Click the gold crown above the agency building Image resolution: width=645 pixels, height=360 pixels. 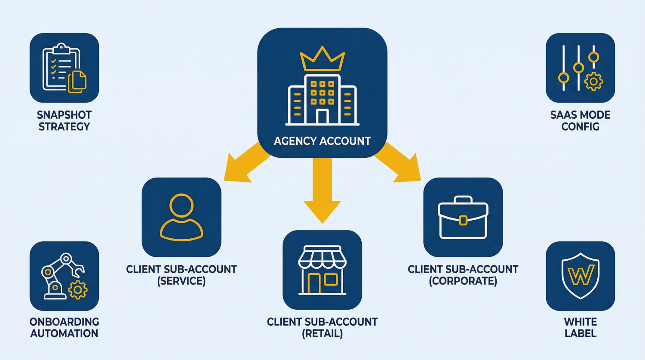coord(322,60)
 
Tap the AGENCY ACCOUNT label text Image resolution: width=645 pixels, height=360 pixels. coord(322,141)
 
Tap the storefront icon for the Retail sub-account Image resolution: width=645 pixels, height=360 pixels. coord(322,270)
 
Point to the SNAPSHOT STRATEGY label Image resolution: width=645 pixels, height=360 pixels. coord(64,121)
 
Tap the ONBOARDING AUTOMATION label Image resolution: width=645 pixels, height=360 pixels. coord(64,328)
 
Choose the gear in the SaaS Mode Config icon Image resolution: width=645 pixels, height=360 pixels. coord(594,81)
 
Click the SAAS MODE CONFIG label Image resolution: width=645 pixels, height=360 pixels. coord(580,121)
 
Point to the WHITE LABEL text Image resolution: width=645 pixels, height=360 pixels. coord(580,328)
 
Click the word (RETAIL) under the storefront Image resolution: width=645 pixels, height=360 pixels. coord(322,334)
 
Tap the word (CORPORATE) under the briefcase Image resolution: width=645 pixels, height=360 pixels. coord(463,281)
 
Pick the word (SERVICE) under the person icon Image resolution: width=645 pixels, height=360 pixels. coord(181,281)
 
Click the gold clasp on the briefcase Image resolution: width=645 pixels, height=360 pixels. coord(463,221)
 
